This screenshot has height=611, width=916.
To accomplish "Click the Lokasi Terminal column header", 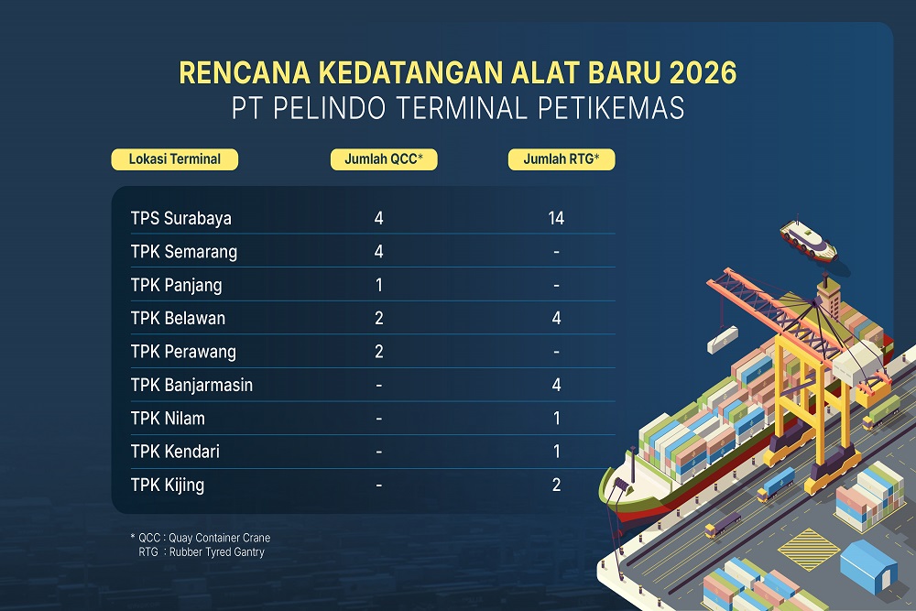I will tap(174, 159).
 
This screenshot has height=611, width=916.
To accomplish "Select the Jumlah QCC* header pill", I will tap(383, 159).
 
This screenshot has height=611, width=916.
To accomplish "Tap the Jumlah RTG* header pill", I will tap(562, 159).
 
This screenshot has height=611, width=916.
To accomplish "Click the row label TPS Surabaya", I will tap(181, 218).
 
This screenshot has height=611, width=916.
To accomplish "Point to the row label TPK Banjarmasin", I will tap(191, 385).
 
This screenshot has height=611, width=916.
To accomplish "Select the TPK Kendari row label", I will tap(175, 452).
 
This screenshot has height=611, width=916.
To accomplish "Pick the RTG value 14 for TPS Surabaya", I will tap(555, 218).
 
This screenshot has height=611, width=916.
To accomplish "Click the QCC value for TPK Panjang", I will tap(378, 285).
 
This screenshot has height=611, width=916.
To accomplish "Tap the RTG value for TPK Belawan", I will tap(556, 318).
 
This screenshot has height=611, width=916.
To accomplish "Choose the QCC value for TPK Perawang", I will tap(378, 352).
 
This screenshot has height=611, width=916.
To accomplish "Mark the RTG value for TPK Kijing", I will tap(556, 485).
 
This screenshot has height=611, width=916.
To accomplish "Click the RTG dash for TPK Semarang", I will tap(556, 252).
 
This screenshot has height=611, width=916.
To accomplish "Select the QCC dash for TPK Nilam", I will tap(378, 419).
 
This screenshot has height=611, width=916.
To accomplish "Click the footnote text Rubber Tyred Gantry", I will tap(219, 551).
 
